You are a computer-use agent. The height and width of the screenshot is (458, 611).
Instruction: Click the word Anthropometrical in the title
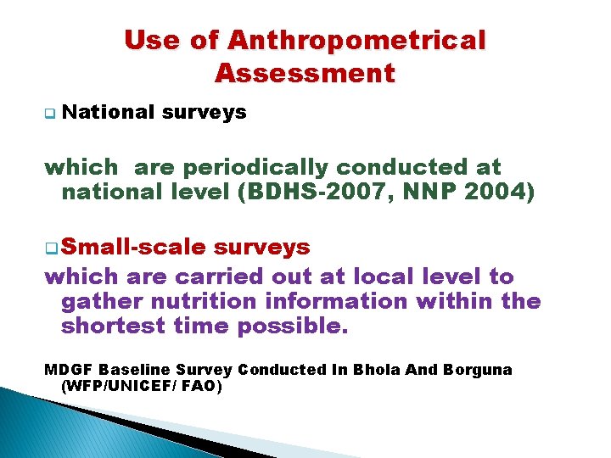[356, 40]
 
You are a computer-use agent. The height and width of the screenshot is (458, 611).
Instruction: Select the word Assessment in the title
[305, 73]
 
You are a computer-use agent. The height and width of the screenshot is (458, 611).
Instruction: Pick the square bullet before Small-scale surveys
[50, 248]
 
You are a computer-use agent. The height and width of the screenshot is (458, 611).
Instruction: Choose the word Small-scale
[133, 247]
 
